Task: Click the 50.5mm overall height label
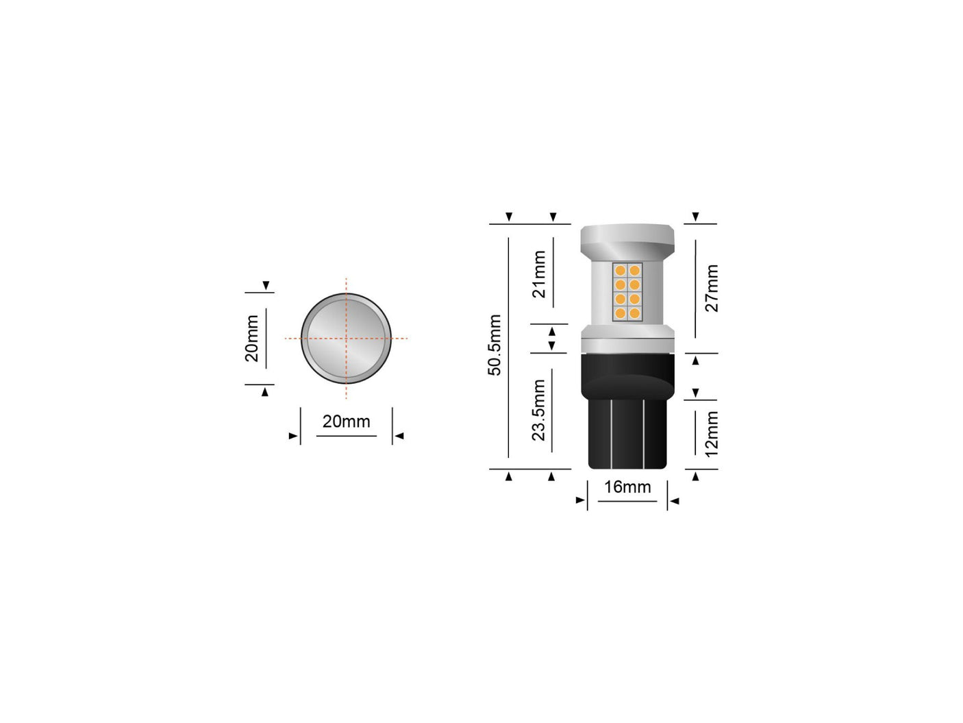495,345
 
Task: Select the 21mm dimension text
540,274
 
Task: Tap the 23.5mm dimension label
539,410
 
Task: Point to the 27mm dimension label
712,288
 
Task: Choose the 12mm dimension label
712,434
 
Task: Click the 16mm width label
627,487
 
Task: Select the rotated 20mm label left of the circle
252,339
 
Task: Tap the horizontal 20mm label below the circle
346,421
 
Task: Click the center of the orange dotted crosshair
346,338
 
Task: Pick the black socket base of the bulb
627,418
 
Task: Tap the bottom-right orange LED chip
634,313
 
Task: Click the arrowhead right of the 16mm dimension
674,502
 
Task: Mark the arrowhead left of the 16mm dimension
581,502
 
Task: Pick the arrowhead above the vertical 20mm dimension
266,285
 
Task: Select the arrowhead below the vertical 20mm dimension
266,391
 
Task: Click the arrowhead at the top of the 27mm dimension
696,217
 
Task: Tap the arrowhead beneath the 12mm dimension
696,476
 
